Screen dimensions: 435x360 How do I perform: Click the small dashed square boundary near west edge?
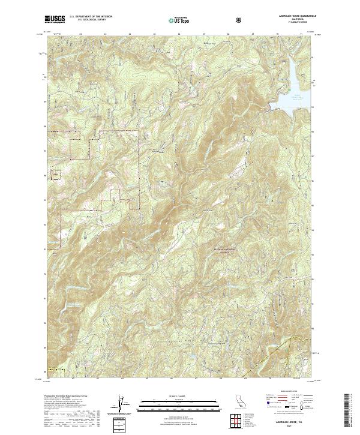pyautogui.click(x=56, y=175)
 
